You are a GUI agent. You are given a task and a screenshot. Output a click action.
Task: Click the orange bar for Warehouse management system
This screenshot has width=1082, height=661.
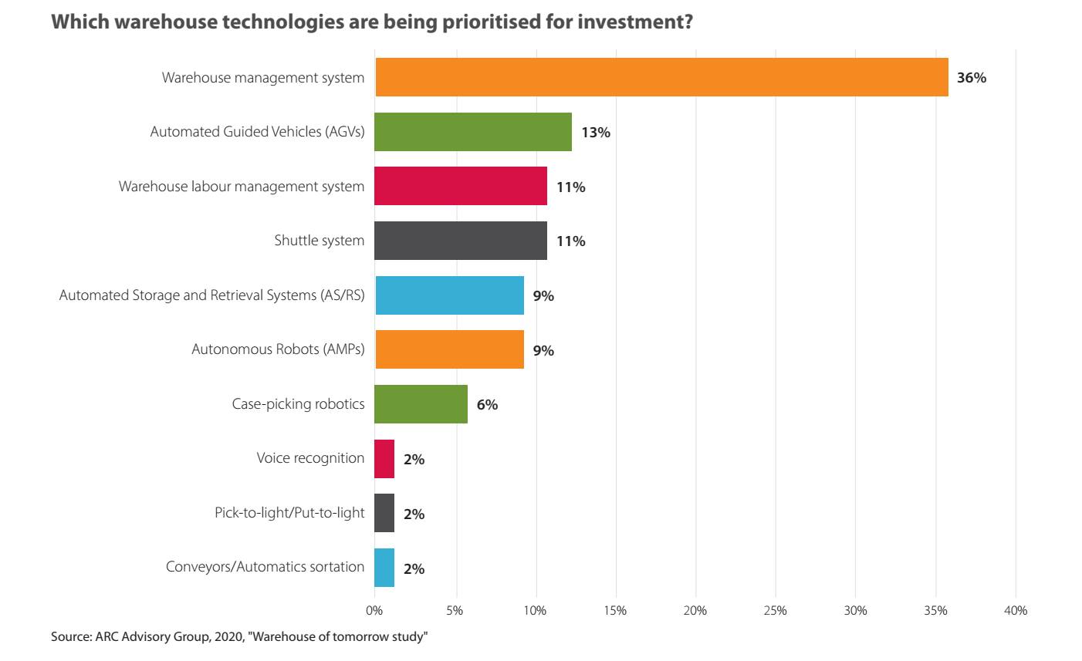click(661, 77)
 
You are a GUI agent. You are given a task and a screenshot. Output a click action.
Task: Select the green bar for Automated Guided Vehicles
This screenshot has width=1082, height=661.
click(473, 132)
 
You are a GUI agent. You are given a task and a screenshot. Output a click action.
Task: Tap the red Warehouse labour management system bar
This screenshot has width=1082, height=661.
click(461, 186)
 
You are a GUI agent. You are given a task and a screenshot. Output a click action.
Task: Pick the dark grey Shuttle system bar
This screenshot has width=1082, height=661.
click(461, 241)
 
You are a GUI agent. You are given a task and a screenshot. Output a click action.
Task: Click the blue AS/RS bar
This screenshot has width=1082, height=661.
click(449, 295)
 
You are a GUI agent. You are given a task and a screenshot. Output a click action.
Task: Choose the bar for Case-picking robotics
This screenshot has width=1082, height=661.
click(421, 404)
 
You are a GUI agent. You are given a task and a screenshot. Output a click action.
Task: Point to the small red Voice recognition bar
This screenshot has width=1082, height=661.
click(384, 459)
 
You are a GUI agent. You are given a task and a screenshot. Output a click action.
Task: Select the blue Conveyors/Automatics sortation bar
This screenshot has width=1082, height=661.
click(384, 568)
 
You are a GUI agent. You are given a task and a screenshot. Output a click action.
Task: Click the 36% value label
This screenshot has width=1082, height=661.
click(972, 78)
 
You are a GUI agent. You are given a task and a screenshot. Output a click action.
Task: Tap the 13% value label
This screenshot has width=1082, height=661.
click(596, 133)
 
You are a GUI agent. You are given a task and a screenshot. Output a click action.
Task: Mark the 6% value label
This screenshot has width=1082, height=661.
click(487, 405)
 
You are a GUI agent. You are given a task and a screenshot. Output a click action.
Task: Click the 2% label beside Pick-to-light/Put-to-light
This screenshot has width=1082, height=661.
click(414, 514)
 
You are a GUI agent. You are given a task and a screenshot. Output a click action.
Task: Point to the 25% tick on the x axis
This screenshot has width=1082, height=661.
click(775, 611)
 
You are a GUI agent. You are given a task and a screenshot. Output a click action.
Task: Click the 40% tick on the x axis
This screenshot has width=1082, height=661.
click(1016, 611)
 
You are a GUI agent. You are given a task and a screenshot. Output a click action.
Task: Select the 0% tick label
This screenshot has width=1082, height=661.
click(374, 611)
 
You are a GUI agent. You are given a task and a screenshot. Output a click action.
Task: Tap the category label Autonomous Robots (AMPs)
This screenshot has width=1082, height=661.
click(278, 349)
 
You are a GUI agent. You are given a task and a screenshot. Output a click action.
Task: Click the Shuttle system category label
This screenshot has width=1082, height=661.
click(319, 241)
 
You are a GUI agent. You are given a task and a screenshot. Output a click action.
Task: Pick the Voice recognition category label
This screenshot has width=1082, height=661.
click(310, 458)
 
